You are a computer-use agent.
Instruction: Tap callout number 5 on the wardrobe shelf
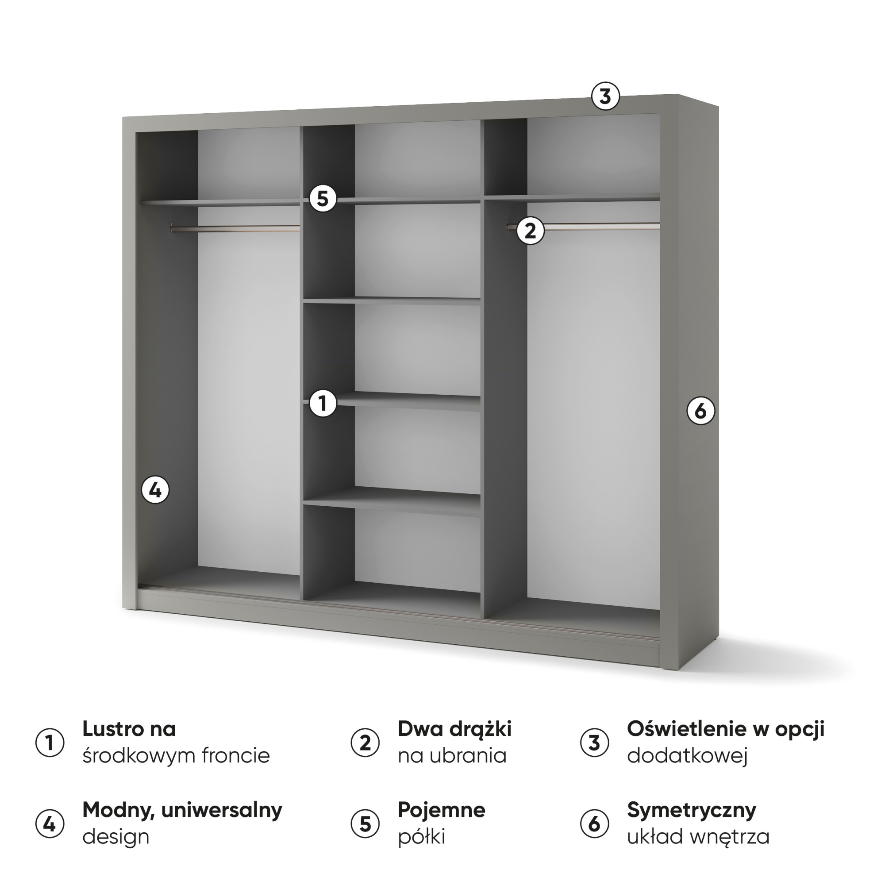pos(323,199)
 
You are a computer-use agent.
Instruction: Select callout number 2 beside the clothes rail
pos(531,231)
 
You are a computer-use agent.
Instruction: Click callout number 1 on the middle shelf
pos(323,404)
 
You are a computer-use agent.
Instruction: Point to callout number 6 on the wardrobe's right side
pos(701,411)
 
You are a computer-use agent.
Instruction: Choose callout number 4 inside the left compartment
pos(155,490)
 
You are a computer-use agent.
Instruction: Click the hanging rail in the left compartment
pos(235,227)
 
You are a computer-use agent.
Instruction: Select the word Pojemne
pos(442,810)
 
